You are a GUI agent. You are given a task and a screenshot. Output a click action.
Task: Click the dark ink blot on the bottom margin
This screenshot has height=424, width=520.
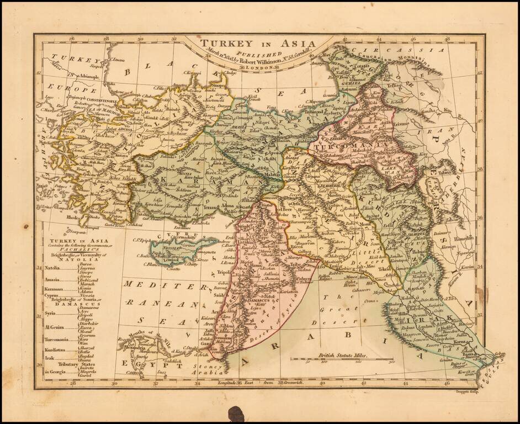coord(236,414)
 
